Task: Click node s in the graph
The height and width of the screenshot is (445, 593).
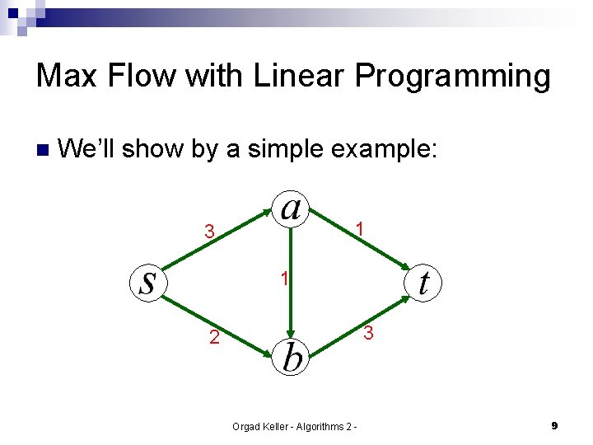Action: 148,283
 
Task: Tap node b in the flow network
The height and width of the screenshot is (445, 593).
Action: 291,357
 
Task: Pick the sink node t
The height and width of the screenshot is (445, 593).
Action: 424,283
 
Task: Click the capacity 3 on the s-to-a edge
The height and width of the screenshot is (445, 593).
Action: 210,232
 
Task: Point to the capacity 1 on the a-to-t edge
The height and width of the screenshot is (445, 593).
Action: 360,228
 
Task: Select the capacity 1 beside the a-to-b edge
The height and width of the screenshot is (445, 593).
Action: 282,279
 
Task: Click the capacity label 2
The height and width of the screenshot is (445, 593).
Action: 213,337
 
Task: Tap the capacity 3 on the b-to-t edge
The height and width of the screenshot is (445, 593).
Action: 369,333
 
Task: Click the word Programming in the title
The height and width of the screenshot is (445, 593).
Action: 452,77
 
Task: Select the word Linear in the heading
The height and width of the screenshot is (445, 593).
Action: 300,76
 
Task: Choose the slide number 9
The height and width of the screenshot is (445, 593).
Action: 554,425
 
